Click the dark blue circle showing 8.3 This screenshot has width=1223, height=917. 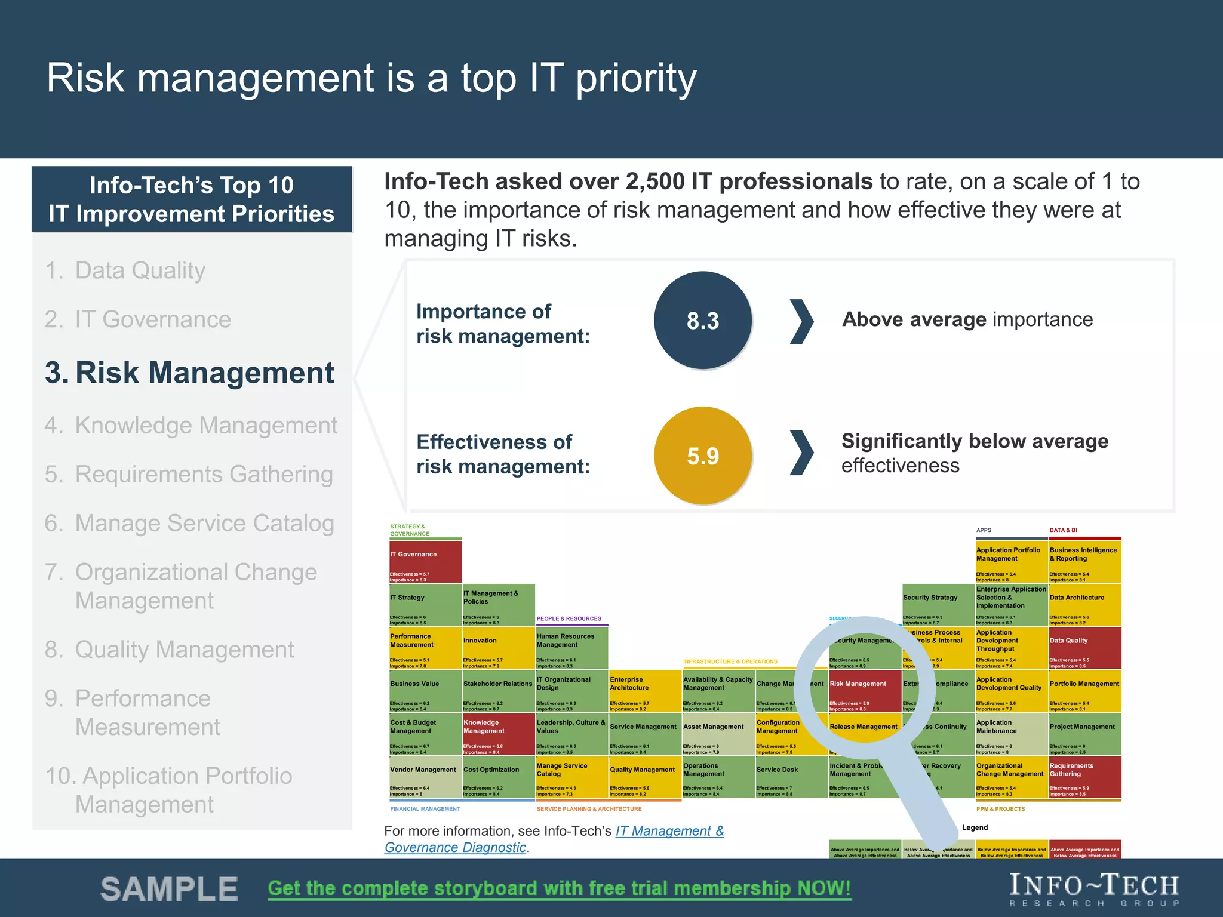coord(702,321)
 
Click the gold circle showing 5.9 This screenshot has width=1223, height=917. coord(702,456)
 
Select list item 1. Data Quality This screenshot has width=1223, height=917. coord(125,270)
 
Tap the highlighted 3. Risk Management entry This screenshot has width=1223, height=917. coord(190,373)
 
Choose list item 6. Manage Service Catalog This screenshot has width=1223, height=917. coord(189,523)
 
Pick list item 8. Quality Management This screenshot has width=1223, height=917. coord(170,650)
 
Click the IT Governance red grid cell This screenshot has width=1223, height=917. coord(425,562)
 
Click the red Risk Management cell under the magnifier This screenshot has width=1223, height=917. coord(864,691)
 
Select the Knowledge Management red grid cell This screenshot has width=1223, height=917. coord(498,734)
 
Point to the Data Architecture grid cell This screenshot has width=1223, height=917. coord(1084,605)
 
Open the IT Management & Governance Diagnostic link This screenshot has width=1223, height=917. coord(669,831)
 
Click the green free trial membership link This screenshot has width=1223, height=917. coord(559,888)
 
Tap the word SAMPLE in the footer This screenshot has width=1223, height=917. coord(169,889)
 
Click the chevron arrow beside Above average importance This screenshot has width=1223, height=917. coord(801,321)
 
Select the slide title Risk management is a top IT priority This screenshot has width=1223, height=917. coord(371,78)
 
